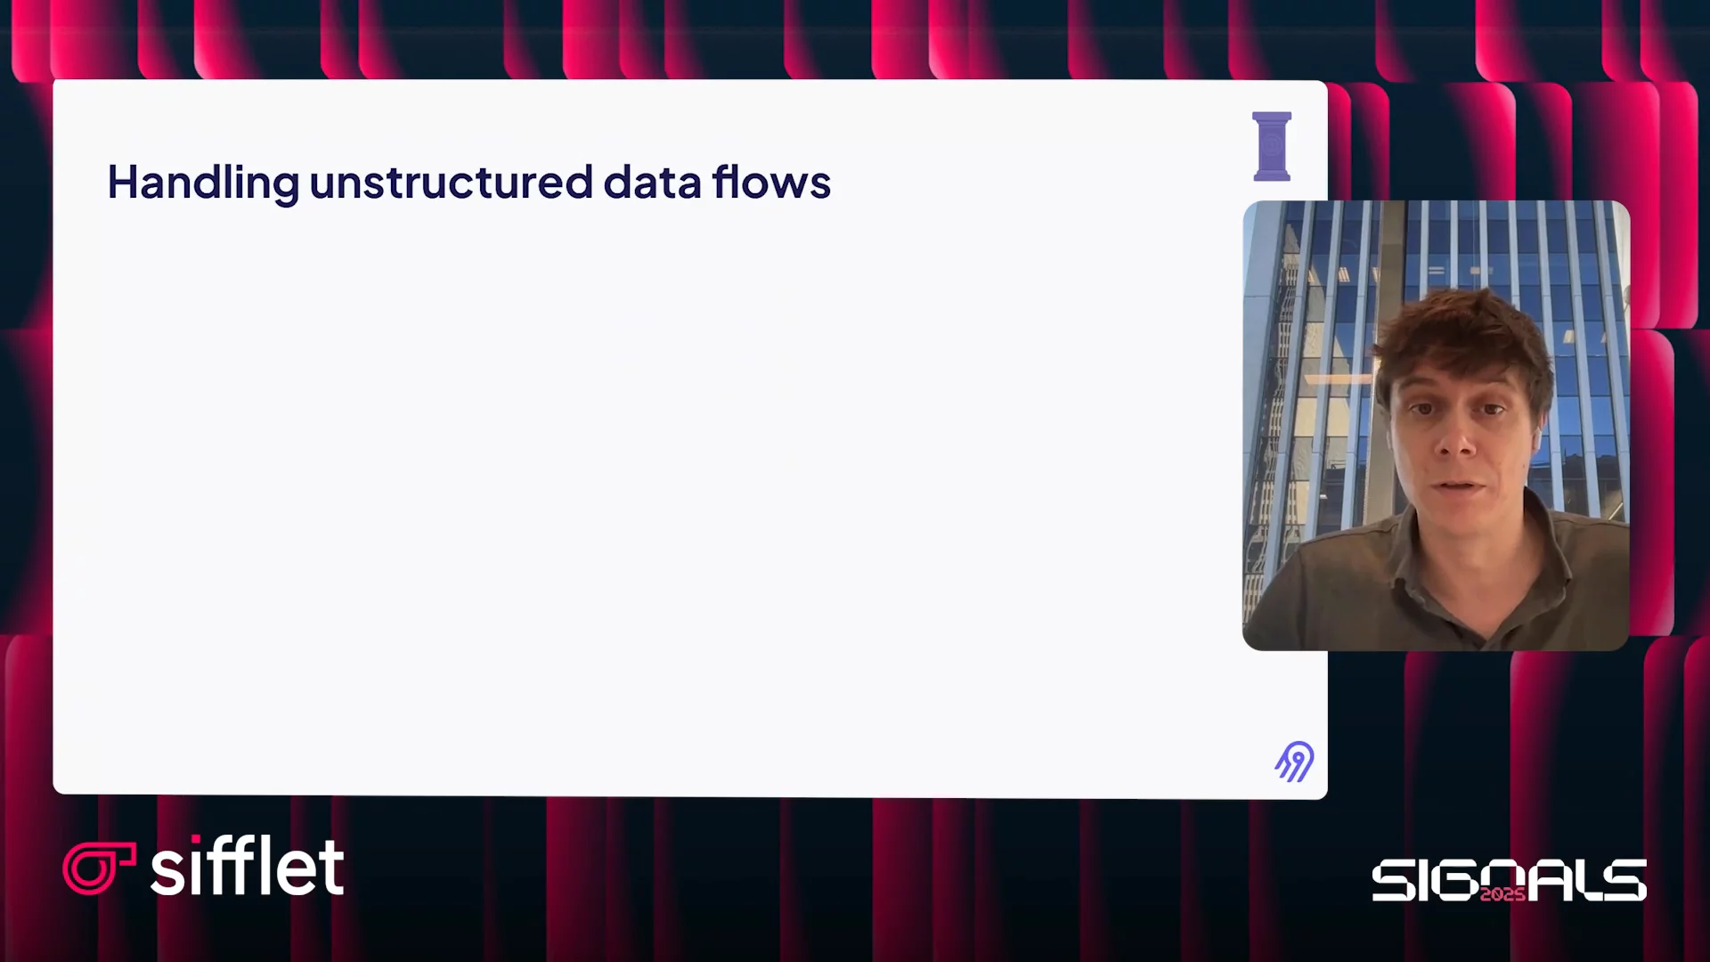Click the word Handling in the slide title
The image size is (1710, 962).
(x=203, y=183)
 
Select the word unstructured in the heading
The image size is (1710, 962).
(x=452, y=183)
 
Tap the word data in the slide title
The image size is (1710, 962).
(x=653, y=182)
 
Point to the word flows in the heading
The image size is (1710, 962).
(x=771, y=182)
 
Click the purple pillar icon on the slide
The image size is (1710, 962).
(x=1272, y=147)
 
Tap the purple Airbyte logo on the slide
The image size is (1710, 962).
(x=1295, y=762)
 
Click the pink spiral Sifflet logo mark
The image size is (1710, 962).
(x=97, y=868)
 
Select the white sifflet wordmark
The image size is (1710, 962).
(x=248, y=866)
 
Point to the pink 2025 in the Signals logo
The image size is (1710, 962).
(x=1502, y=893)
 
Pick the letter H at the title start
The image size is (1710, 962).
(x=124, y=182)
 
